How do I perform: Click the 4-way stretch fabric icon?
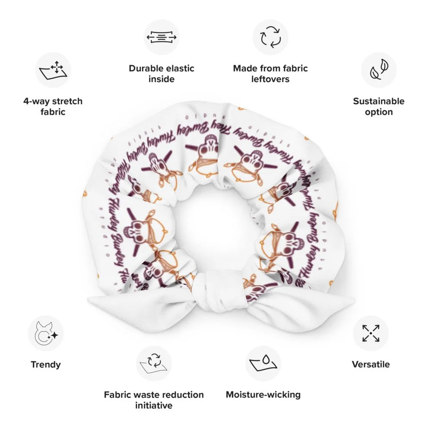[x=53, y=70]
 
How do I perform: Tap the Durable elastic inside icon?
[x=162, y=37]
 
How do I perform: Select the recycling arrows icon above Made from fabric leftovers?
[x=270, y=37]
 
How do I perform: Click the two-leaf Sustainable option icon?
[x=379, y=70]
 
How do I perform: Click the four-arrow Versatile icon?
[x=371, y=334]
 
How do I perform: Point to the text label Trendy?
[x=46, y=364]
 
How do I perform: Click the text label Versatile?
[x=371, y=364]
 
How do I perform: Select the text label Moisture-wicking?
[x=263, y=394]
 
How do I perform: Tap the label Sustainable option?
[x=379, y=106]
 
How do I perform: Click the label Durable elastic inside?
[x=162, y=73]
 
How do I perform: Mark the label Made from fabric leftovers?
[x=270, y=73]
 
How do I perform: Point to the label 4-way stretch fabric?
[x=53, y=106]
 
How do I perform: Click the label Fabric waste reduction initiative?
[x=154, y=400]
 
